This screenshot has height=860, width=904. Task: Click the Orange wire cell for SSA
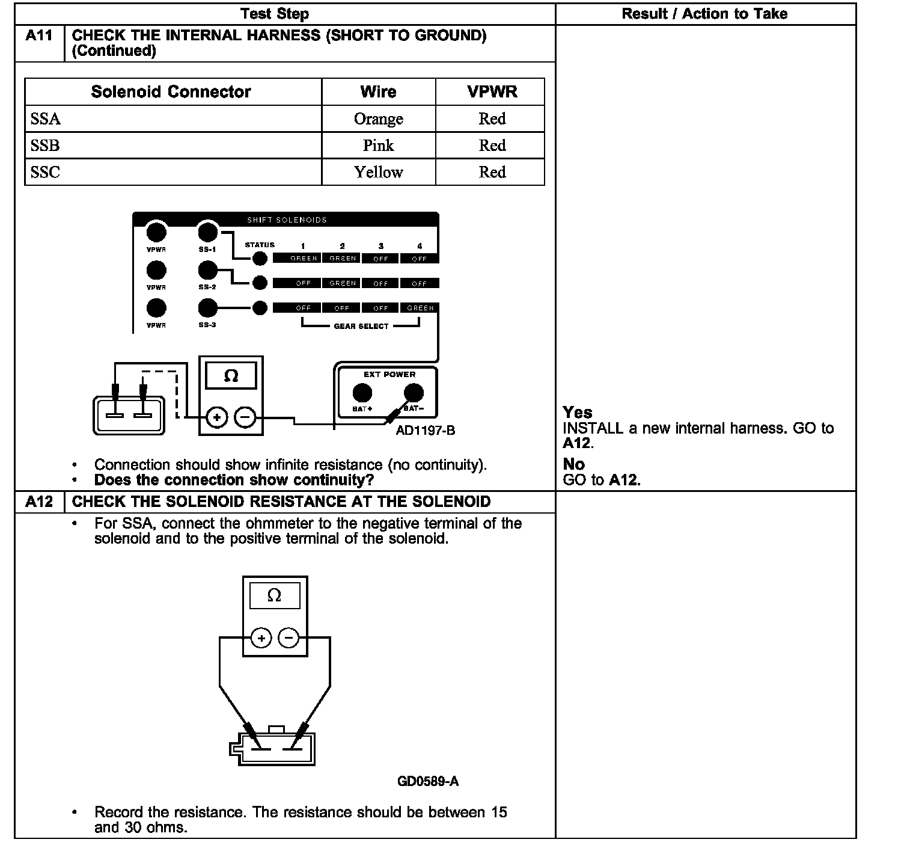(x=378, y=119)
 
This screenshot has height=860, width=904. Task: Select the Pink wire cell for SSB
(x=378, y=146)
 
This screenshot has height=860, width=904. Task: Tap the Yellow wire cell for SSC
(x=378, y=173)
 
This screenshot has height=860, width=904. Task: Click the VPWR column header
(x=492, y=92)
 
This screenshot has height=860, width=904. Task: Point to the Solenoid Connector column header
(x=171, y=92)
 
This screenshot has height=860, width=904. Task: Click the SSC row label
(x=46, y=173)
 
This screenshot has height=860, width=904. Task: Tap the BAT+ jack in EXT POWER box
(x=362, y=393)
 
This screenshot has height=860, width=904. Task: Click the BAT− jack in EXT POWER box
(x=413, y=393)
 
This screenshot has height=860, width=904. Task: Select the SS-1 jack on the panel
(x=207, y=232)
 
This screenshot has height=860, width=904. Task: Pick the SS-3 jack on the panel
(x=207, y=308)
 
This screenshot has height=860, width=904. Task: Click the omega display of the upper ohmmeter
(x=231, y=376)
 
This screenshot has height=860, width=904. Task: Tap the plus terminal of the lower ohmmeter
(x=261, y=637)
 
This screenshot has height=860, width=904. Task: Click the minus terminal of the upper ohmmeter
(x=245, y=417)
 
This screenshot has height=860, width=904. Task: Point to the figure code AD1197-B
(x=425, y=431)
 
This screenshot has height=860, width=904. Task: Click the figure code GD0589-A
(x=427, y=781)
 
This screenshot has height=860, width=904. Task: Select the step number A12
(x=39, y=502)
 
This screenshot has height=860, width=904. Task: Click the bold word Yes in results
(x=577, y=413)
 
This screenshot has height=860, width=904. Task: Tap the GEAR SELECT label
(x=361, y=326)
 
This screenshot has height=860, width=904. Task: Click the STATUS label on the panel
(x=260, y=245)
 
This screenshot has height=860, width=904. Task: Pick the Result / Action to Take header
(x=704, y=14)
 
